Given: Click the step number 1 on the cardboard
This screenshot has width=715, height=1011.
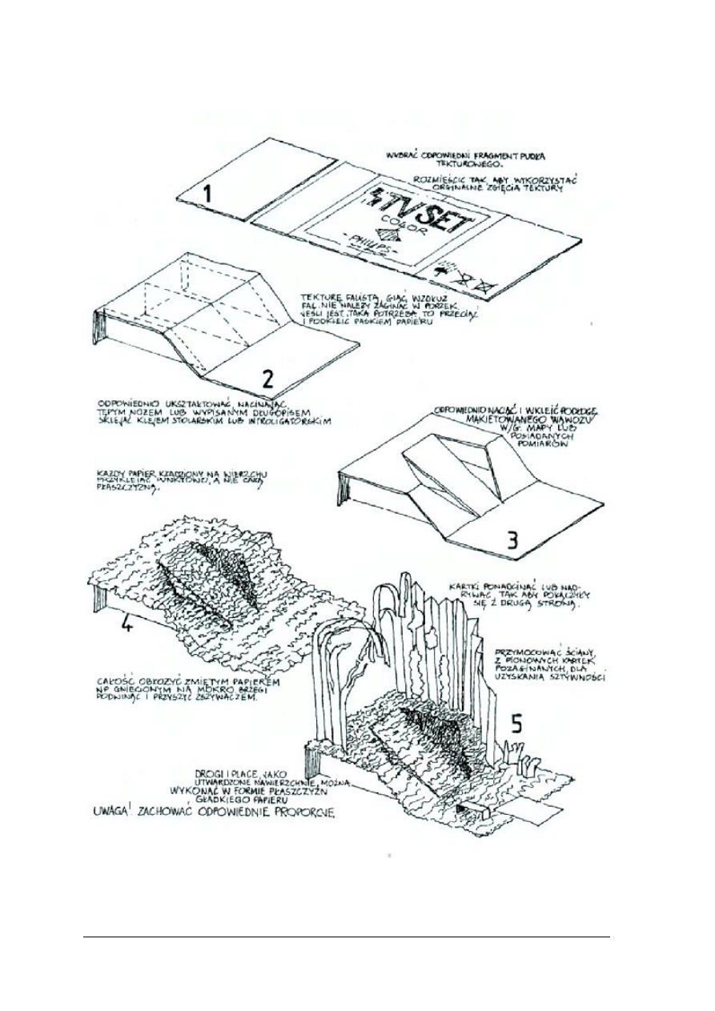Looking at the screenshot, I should pos(206,194).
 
